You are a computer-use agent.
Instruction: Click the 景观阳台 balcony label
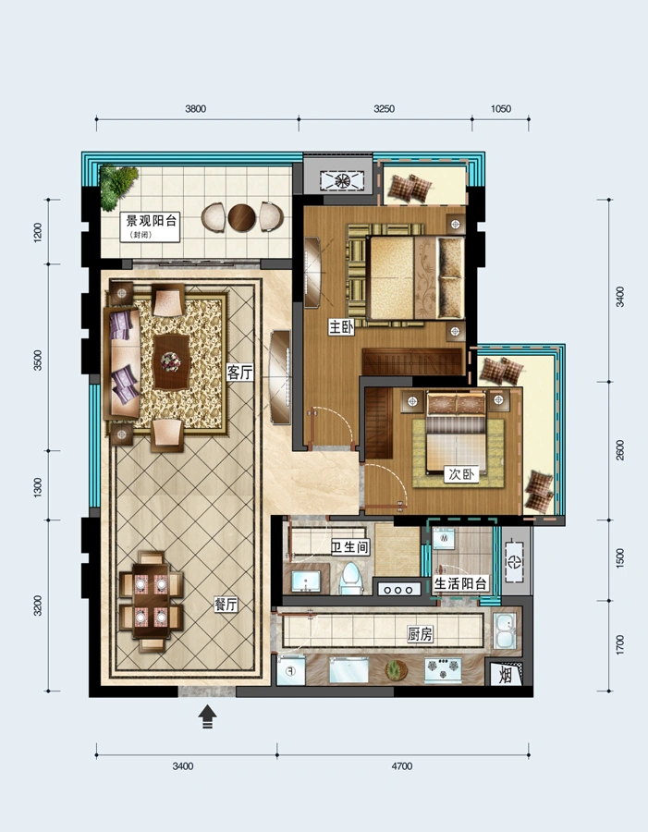tap(151, 221)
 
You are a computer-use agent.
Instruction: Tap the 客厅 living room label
tap(239, 373)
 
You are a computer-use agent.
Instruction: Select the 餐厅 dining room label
tap(226, 605)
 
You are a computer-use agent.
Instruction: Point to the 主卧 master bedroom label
tap(341, 327)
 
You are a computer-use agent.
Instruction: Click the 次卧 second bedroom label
tap(460, 474)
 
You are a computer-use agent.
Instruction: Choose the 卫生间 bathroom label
tap(349, 547)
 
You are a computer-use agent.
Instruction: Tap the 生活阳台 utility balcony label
tap(460, 584)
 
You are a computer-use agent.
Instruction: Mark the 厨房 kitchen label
tap(420, 633)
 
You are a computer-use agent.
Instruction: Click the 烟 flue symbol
tap(506, 676)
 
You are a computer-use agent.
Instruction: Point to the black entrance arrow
tap(207, 716)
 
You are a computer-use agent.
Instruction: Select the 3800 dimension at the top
tap(195, 109)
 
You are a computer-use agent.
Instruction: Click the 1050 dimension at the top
tap(500, 109)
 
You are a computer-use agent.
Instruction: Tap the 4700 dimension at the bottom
tap(402, 766)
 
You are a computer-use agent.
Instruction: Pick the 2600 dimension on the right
tap(620, 450)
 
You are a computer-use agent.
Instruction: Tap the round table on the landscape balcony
tap(242, 217)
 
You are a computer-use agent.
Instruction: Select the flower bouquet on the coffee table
tap(171, 361)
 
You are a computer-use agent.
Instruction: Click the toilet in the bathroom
tap(350, 580)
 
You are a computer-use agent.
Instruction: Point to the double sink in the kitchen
tap(505, 630)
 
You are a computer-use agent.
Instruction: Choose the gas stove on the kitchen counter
tap(443, 669)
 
